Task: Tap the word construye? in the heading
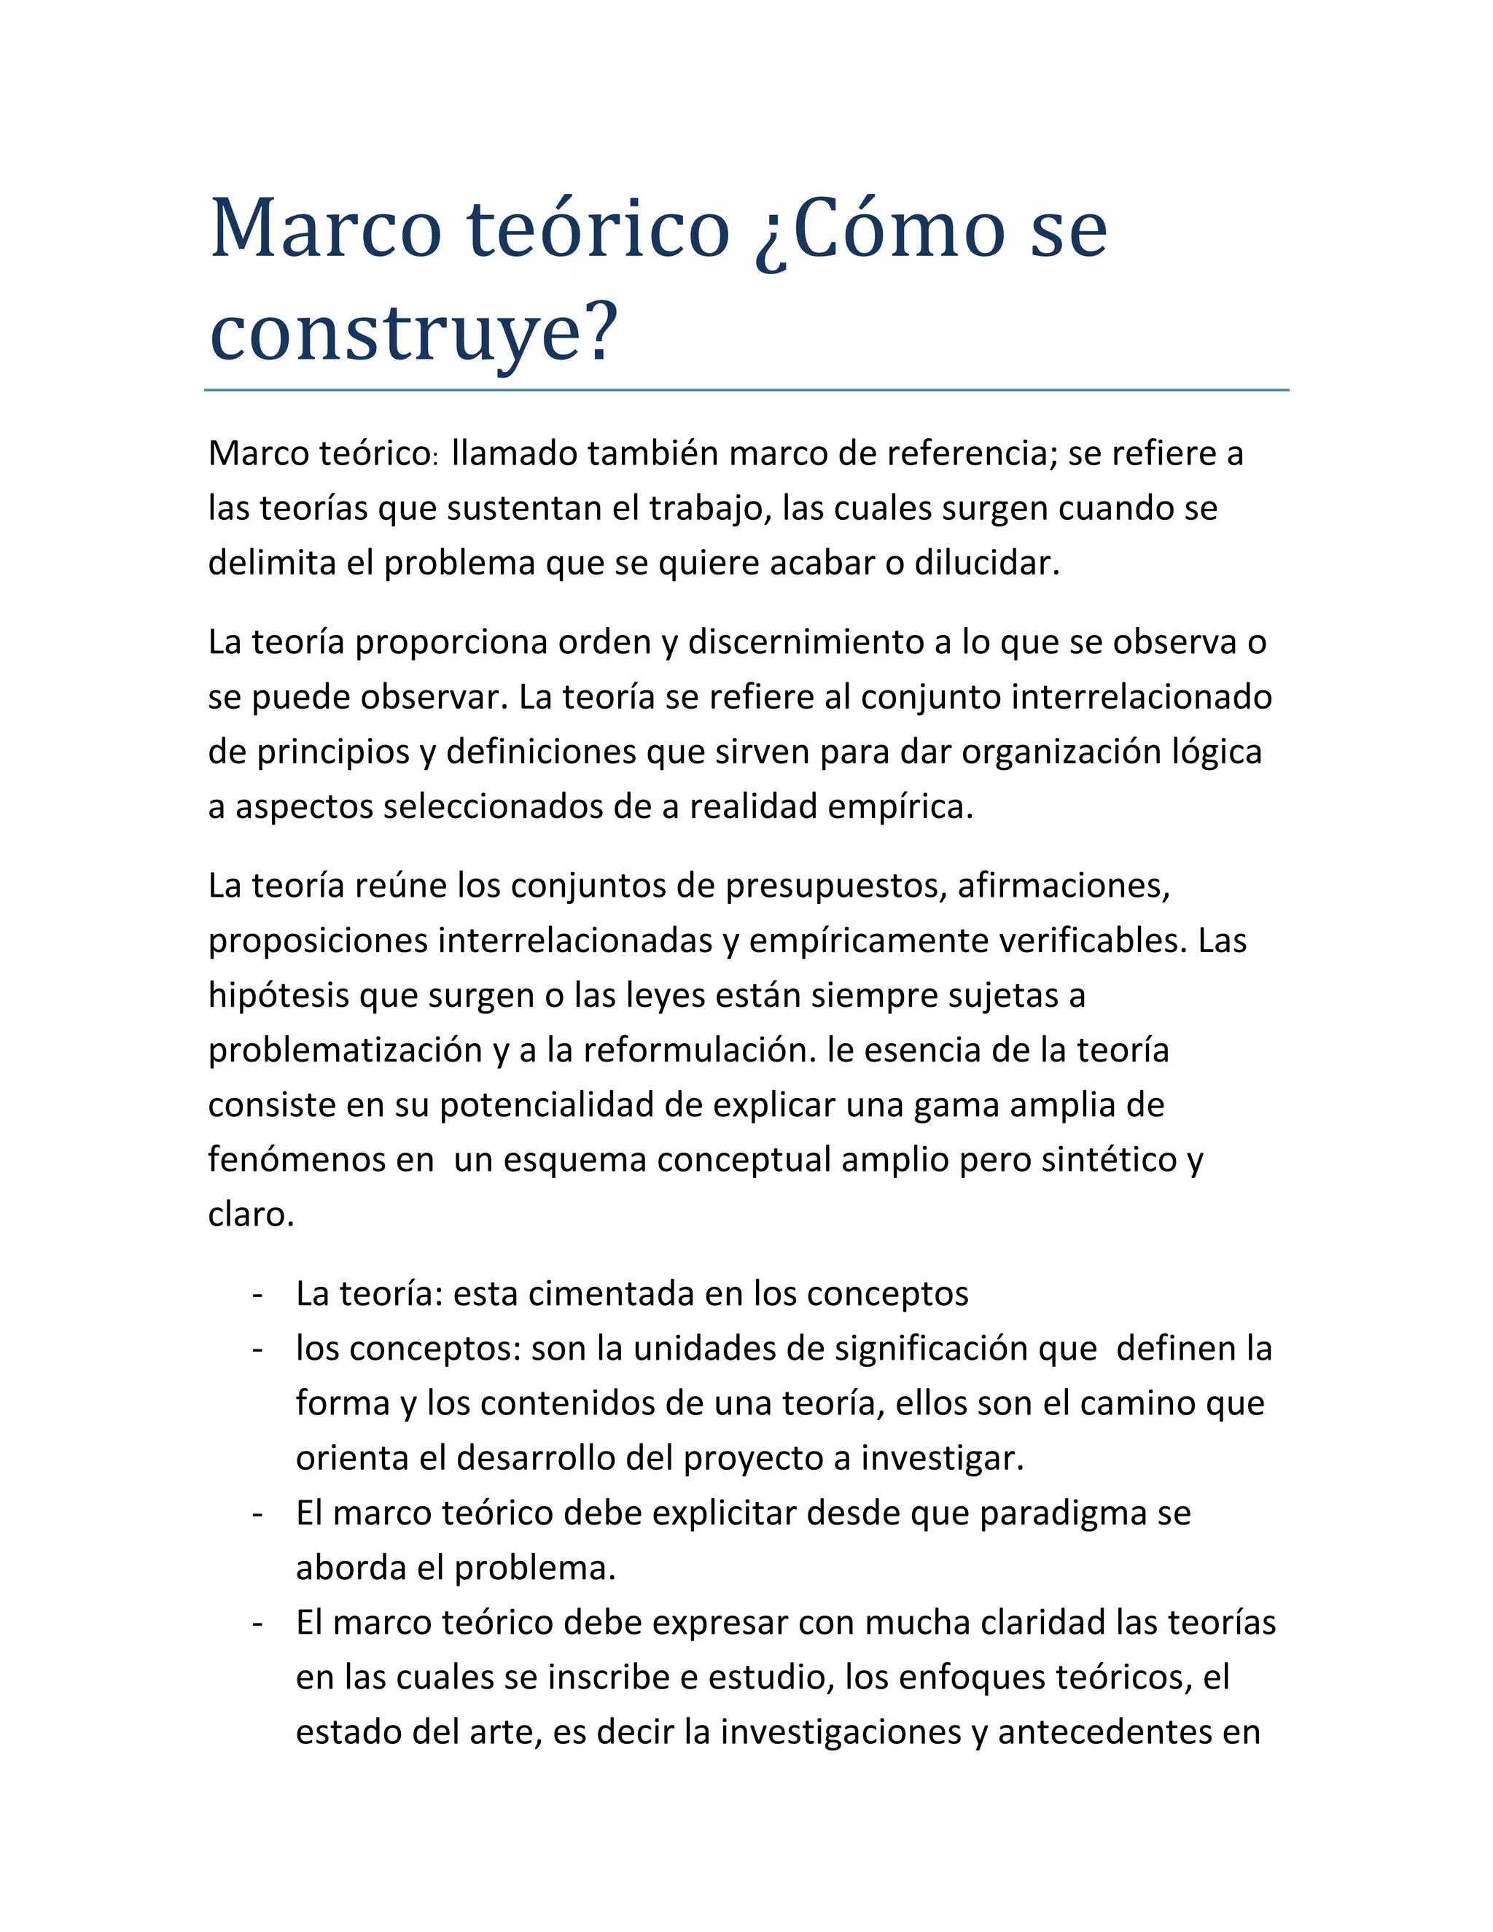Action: (413, 332)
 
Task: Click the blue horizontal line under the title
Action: (746, 389)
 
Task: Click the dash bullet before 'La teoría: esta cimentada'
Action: (257, 1294)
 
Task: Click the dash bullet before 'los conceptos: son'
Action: (257, 1349)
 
